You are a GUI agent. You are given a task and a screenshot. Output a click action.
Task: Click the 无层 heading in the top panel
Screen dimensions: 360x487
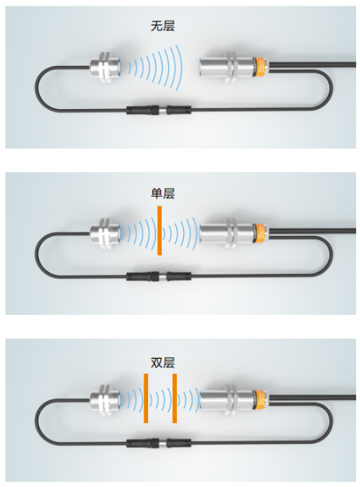[162, 26]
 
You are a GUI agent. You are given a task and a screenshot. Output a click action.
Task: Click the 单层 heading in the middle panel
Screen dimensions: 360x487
[162, 193]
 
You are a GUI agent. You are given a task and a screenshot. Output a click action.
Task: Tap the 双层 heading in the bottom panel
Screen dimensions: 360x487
[162, 363]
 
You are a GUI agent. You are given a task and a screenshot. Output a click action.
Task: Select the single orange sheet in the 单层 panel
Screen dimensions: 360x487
[159, 230]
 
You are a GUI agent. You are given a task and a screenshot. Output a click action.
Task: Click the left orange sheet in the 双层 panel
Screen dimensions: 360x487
[146, 399]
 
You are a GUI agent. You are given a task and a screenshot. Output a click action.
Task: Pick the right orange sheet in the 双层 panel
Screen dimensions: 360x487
[174, 399]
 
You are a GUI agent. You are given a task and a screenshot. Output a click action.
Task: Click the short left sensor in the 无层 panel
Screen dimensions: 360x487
[105, 66]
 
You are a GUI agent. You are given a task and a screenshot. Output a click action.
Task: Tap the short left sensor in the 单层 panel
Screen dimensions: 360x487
[105, 234]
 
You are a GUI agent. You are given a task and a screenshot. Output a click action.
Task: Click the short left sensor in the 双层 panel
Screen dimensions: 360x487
[105, 400]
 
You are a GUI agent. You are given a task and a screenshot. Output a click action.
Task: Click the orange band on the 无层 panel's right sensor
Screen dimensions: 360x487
[259, 67]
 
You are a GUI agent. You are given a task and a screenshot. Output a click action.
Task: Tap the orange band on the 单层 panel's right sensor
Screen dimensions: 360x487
[259, 234]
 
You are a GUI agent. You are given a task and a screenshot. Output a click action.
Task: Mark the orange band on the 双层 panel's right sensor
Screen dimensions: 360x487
[259, 400]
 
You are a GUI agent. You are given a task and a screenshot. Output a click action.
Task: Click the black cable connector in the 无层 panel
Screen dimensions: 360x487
[158, 110]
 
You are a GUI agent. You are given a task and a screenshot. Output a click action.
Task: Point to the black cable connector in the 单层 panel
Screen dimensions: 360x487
[158, 276]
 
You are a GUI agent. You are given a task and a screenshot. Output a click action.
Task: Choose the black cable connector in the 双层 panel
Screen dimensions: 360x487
[158, 443]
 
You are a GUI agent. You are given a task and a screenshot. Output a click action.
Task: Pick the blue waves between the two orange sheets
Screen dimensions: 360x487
[160, 399]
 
